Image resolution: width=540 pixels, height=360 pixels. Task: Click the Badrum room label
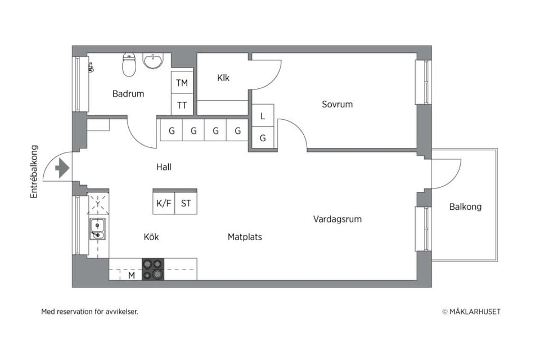tap(128, 94)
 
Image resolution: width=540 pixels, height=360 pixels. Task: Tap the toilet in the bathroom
tap(129, 65)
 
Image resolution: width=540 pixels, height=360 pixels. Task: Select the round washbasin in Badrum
tap(152, 60)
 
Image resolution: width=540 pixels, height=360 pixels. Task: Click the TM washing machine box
tap(182, 83)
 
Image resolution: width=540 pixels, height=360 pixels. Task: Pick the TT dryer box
tap(182, 105)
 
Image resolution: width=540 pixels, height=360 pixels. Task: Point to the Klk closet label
tap(223, 78)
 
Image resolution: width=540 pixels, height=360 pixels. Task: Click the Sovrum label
tap(337, 104)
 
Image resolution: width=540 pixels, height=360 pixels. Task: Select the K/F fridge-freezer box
tap(164, 204)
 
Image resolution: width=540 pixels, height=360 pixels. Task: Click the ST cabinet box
tap(186, 204)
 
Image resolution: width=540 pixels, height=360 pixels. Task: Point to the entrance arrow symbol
tap(62, 168)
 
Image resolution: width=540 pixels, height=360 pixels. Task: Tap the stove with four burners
tap(153, 269)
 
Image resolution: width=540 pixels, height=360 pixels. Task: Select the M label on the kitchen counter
tap(132, 276)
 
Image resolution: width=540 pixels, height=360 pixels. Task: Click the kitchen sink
tap(98, 229)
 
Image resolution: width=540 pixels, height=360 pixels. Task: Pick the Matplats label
tap(245, 237)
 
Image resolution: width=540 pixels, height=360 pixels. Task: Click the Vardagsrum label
tap(337, 219)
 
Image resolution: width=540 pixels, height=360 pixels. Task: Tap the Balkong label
tap(465, 207)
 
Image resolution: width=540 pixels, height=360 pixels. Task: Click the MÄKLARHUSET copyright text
tap(471, 312)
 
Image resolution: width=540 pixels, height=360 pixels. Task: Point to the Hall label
tap(164, 167)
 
